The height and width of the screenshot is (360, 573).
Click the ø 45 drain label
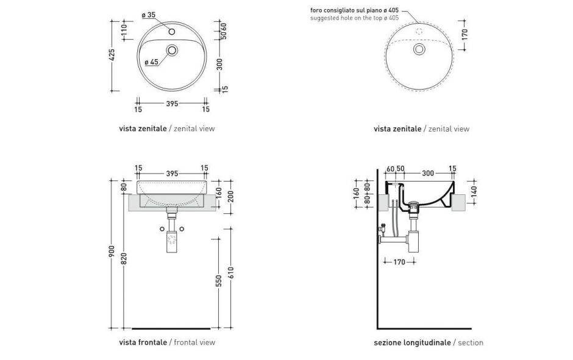pos(151,62)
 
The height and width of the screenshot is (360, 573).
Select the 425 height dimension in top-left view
pos(112,56)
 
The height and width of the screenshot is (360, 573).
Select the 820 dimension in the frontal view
pos(124,259)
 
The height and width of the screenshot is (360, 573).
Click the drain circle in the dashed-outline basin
pos(419,49)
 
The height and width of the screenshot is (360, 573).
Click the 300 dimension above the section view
pos(428,174)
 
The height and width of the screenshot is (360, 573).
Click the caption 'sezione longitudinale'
pos(411,343)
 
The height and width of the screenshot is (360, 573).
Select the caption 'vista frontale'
pos(143,342)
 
